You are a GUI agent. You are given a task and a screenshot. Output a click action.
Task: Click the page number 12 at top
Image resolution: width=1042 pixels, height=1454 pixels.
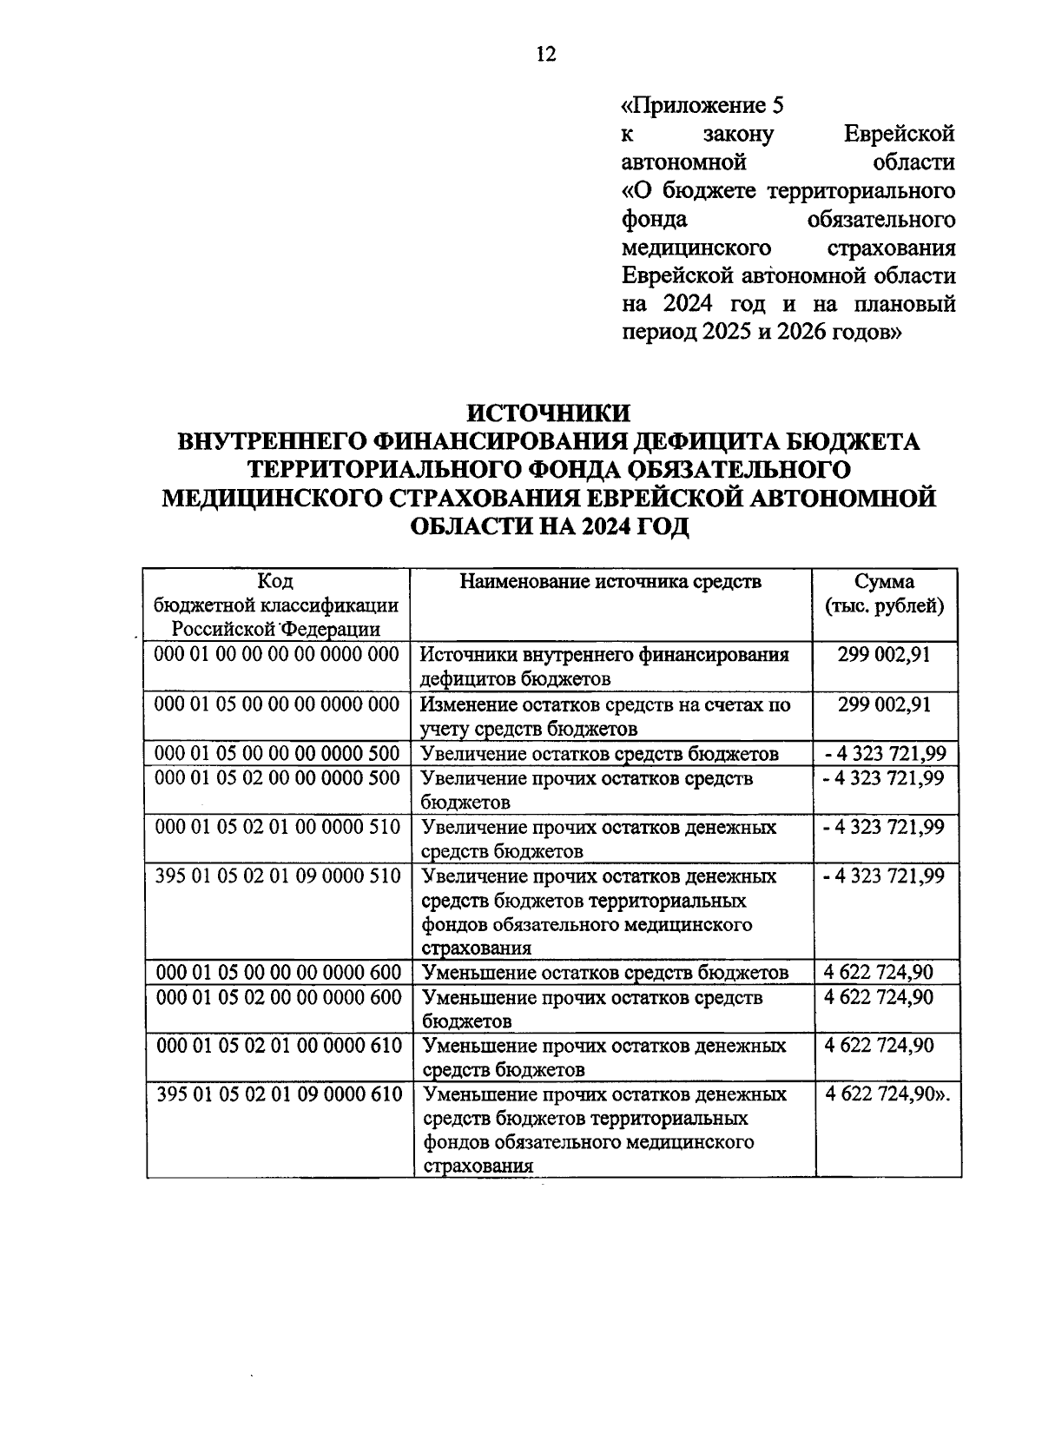pyautogui.click(x=546, y=55)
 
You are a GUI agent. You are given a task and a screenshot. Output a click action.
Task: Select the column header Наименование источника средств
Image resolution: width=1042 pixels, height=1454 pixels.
pyautogui.click(x=610, y=581)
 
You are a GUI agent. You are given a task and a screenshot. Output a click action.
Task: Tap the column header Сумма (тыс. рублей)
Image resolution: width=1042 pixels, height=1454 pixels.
pyautogui.click(x=884, y=593)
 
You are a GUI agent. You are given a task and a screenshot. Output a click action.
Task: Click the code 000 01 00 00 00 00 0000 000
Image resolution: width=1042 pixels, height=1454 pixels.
pyautogui.click(x=276, y=654)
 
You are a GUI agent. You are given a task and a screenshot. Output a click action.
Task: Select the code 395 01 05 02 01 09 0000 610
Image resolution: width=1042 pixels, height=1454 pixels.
pyautogui.click(x=279, y=1094)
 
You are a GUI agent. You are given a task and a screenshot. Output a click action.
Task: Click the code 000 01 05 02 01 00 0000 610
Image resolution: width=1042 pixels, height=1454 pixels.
pyautogui.click(x=279, y=1045)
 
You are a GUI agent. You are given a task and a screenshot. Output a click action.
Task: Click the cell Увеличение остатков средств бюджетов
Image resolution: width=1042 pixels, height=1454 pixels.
pyautogui.click(x=599, y=753)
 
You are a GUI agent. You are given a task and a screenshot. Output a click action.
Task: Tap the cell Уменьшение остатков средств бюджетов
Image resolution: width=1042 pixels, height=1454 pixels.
pyautogui.click(x=604, y=972)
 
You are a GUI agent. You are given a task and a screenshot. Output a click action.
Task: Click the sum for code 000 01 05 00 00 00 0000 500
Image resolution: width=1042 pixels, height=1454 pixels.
pyautogui.click(x=884, y=753)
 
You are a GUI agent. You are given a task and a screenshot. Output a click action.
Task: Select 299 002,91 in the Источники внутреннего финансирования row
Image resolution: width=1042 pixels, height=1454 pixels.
pyautogui.click(x=884, y=654)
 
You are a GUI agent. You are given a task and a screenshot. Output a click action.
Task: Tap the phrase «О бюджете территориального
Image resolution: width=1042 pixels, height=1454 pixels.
pyautogui.click(x=788, y=190)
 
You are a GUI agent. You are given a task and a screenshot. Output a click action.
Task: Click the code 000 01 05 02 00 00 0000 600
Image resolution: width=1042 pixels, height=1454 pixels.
pyautogui.click(x=279, y=996)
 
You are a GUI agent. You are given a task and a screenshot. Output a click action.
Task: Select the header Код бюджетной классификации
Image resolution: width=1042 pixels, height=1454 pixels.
pyautogui.click(x=276, y=605)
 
